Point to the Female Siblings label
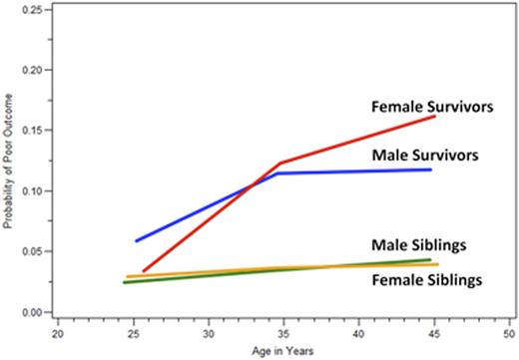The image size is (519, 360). pos(426,281)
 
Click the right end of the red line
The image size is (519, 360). pos(435,117)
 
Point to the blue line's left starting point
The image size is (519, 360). pos(137,240)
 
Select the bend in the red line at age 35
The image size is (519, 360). pos(280,163)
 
